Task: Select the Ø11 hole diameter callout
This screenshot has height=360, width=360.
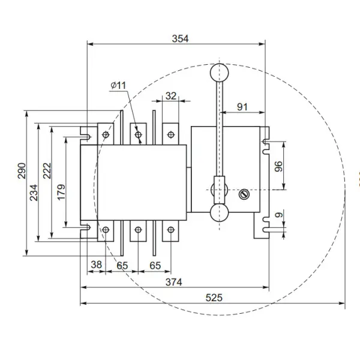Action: tap(118, 86)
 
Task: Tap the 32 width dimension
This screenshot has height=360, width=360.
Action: tap(171, 95)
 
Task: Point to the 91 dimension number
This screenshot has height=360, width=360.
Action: tap(242, 106)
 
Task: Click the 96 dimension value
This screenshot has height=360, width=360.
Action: tap(278, 166)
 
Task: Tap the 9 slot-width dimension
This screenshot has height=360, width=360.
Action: tap(278, 216)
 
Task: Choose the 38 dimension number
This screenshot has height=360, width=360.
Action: tap(95, 264)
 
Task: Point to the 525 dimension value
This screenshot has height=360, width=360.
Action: tap(213, 298)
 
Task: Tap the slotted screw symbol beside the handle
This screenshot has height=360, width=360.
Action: tap(244, 194)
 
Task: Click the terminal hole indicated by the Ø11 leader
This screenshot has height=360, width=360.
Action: tap(139, 135)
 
